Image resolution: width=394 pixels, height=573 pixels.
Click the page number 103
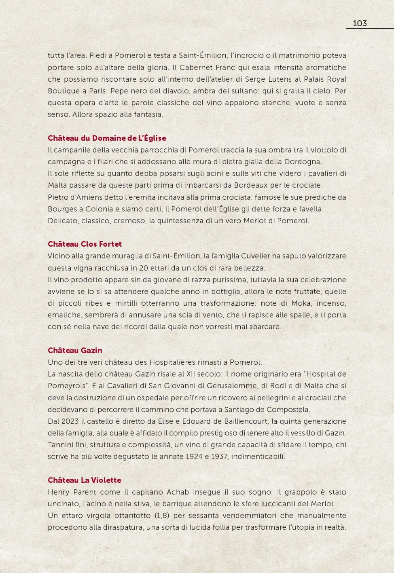pyautogui.click(x=360, y=23)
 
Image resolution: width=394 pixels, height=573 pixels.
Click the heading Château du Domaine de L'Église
pyautogui.click(x=107, y=138)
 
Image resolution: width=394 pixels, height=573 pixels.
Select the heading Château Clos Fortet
pyautogui.click(x=85, y=244)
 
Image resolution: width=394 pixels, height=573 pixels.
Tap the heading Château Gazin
pyautogui.click(x=75, y=351)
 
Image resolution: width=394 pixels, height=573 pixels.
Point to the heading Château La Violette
pyautogui.click(x=85, y=480)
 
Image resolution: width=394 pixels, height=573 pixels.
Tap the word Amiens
pyautogui.click(x=84, y=197)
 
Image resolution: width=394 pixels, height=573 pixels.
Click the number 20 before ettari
pyautogui.click(x=143, y=268)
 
